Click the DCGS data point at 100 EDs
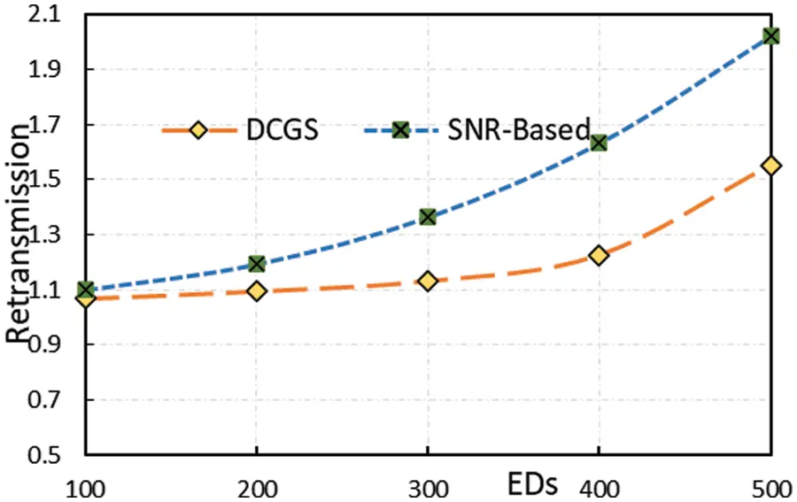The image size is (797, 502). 86,298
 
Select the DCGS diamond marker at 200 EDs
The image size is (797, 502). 257,290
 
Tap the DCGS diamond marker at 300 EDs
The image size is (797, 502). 428,281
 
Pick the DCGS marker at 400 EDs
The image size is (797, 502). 599,255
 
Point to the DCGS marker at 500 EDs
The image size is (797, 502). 770,166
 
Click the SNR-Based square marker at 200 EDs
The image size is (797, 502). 257,263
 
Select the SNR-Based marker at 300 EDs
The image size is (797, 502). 428,216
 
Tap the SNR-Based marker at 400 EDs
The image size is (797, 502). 599,142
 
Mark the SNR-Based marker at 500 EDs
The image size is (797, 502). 770,35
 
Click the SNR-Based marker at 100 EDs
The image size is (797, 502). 86,290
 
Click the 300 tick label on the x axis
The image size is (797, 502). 428,488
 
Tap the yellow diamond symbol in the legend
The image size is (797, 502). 197,130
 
